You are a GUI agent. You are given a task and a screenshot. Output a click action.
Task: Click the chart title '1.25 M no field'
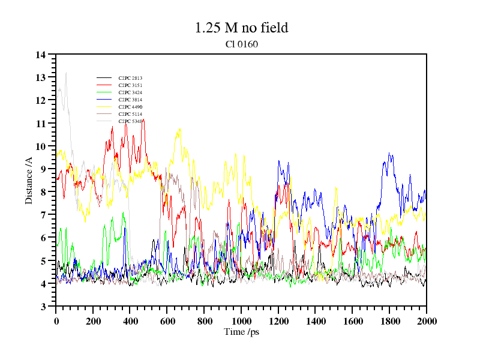241,28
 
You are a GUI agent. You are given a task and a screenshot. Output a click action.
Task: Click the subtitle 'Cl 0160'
241,44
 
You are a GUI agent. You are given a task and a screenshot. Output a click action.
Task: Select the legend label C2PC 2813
130,78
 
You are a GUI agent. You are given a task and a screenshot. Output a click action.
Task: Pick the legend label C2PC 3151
130,85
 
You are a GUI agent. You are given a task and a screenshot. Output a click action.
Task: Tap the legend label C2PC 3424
130,92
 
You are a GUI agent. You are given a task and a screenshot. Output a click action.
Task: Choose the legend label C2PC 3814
130,100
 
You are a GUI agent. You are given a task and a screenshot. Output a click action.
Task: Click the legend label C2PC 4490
130,107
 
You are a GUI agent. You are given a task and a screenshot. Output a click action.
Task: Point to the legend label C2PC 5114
130,114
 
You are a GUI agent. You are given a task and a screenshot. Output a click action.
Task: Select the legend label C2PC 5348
130,121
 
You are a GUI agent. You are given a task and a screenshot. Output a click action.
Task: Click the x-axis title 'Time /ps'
241,331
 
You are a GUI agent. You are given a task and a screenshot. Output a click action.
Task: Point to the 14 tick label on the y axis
41,55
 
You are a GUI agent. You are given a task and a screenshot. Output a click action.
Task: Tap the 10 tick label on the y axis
41,146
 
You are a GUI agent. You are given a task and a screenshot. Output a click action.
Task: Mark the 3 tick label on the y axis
43,307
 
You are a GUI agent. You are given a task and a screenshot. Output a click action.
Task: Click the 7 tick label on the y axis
43,215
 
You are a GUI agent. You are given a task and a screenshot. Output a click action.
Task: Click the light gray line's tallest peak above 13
65,73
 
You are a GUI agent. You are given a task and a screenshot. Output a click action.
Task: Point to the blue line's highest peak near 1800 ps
389,153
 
